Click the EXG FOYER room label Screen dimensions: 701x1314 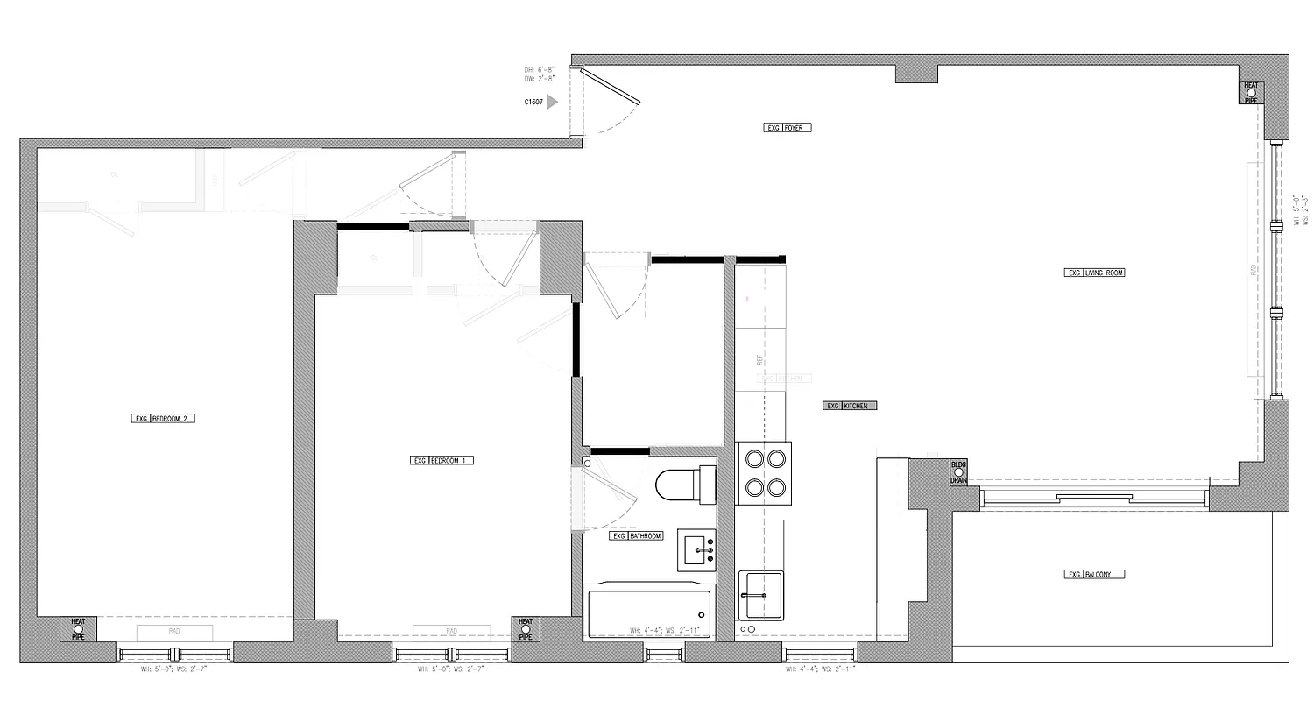pos(788,128)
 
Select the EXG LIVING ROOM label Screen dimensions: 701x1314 pos(1094,273)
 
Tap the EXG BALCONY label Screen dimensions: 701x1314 pos(1094,575)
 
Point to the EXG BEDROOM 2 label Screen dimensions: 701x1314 pos(162,419)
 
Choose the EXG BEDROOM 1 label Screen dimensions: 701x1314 pos(442,460)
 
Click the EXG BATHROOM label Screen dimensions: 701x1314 pos(636,535)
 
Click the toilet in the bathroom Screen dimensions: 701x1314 pos(684,485)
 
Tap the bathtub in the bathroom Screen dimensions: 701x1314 pos(649,613)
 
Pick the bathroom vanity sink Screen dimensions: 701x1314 pos(697,549)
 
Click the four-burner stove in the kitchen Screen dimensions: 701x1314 pos(763,473)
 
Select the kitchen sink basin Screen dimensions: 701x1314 pos(760,595)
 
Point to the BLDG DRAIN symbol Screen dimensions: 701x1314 pos(958,473)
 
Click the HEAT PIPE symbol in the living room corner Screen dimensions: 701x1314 pos(1251,92)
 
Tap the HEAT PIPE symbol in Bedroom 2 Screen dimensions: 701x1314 pos(78,628)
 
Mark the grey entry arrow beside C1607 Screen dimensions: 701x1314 pos(552,102)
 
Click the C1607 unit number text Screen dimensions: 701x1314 pos(533,102)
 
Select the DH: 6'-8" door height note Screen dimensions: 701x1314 pos(540,69)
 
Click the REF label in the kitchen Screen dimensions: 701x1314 pos(760,359)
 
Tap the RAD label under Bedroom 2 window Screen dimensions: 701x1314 pos(174,631)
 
